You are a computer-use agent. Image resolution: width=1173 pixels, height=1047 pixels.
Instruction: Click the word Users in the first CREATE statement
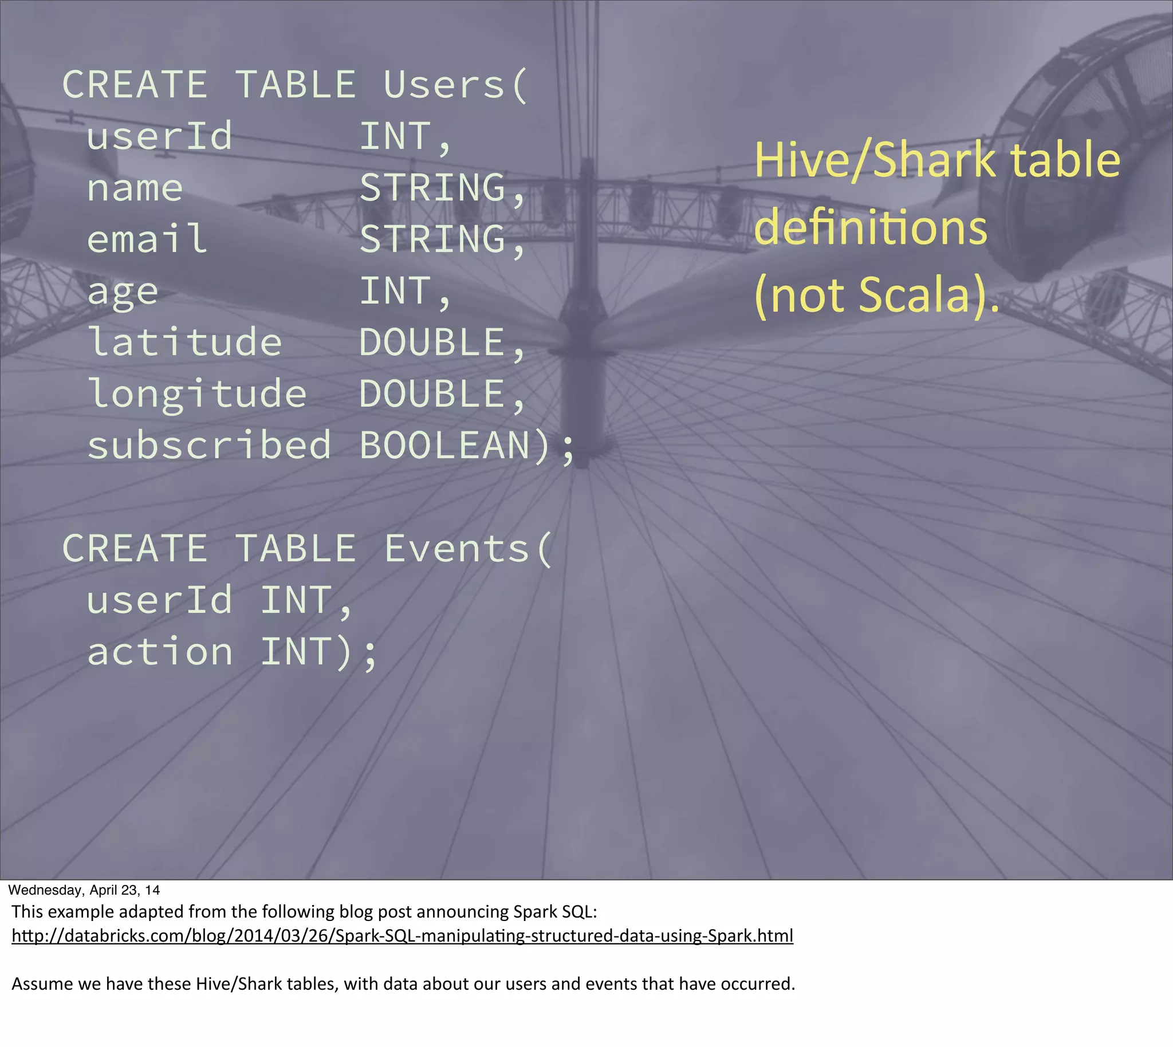click(443, 85)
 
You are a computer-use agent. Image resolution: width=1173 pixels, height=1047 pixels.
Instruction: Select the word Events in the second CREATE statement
click(456, 548)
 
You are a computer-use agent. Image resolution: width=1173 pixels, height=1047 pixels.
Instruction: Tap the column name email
click(147, 239)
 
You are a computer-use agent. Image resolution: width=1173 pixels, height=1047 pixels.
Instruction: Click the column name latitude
click(184, 343)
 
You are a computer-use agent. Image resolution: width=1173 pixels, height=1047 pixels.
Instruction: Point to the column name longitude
click(197, 395)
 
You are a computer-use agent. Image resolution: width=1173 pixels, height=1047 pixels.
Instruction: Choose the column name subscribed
click(209, 445)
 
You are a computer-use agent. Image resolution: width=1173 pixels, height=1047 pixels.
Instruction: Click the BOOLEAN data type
click(444, 445)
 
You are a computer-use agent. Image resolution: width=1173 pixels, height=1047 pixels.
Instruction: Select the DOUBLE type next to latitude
click(432, 343)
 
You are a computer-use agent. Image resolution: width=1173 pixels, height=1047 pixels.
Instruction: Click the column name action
click(160, 652)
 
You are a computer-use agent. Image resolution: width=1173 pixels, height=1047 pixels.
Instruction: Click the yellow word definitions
click(871, 228)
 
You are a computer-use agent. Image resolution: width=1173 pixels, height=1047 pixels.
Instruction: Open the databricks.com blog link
click(402, 936)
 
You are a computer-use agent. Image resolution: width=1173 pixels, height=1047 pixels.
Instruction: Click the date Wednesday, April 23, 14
click(84, 890)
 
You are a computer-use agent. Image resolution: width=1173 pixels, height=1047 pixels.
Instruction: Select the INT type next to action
click(296, 652)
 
